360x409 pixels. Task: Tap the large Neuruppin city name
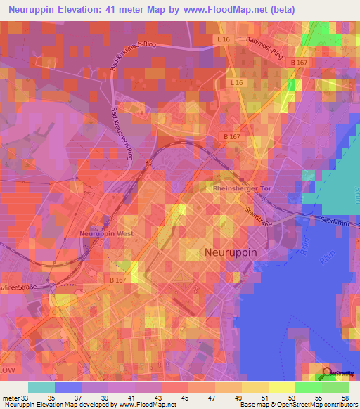(231, 252)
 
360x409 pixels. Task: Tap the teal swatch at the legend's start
(41, 388)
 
